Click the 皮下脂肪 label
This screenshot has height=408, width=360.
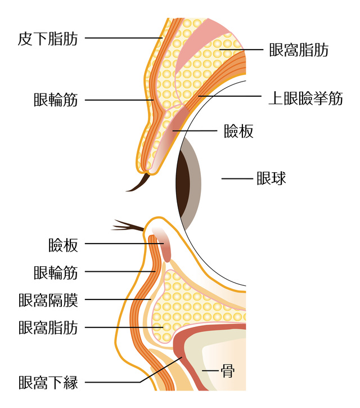coord(48,38)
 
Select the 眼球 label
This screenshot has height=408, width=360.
coord(271,178)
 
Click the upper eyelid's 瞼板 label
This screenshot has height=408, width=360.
coord(238,131)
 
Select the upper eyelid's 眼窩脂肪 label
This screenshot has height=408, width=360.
coord(299,50)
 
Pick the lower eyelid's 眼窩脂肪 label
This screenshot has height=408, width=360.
coord(48,327)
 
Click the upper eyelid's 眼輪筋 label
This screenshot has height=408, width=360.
coord(56,101)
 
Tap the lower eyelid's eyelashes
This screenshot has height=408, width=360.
coord(127,226)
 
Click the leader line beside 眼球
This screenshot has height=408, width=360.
coord(236,179)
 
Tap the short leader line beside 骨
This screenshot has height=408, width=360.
coord(211,371)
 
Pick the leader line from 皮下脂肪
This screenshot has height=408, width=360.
coord(124,38)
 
